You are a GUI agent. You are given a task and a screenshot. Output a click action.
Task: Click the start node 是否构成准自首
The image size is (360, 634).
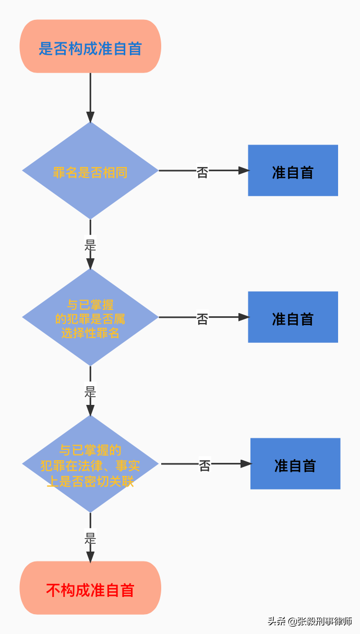(x=90, y=48)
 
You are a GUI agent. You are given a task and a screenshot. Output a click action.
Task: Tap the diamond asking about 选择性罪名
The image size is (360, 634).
(x=90, y=317)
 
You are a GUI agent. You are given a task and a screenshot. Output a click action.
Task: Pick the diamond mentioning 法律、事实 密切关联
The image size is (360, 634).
(x=90, y=464)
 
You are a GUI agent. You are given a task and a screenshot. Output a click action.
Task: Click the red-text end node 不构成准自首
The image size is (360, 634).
(x=90, y=590)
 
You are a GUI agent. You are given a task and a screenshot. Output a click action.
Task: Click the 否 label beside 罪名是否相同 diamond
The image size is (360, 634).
(x=202, y=172)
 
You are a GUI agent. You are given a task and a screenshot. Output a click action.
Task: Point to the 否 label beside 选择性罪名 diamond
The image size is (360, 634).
(x=202, y=319)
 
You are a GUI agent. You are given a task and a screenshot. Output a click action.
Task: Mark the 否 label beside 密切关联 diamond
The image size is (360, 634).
(x=205, y=465)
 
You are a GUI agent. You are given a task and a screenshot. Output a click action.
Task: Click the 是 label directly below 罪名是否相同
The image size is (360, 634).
(x=90, y=245)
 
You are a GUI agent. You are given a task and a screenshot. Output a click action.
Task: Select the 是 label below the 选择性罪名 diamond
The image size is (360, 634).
(x=90, y=391)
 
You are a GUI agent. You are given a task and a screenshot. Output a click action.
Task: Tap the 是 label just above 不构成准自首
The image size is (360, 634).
(x=90, y=538)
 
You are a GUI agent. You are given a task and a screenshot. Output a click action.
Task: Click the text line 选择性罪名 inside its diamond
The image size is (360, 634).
(x=90, y=333)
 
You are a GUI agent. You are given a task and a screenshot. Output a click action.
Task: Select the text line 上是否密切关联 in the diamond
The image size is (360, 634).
(x=90, y=481)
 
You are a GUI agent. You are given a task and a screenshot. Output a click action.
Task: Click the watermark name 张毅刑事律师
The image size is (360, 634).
(x=325, y=621)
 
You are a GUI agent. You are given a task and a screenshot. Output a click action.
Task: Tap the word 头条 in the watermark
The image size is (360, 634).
(x=277, y=621)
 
